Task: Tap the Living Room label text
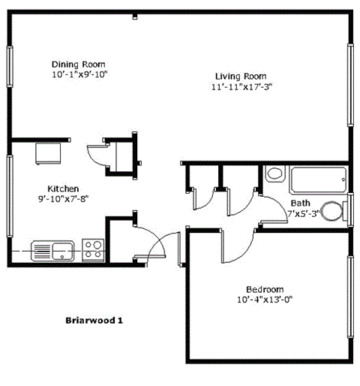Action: [x=241, y=76]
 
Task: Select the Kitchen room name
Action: [x=64, y=188]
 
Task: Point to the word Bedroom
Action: [x=265, y=290]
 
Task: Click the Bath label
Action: [x=300, y=203]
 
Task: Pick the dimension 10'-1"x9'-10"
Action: [x=80, y=74]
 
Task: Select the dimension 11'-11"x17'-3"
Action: [x=241, y=86]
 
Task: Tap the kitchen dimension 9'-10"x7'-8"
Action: [x=64, y=199]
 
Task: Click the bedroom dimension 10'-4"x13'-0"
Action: [x=265, y=300]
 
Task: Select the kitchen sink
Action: [x=52, y=249]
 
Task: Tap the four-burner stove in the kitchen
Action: [x=94, y=249]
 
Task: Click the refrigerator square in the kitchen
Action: [x=50, y=153]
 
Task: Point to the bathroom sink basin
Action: [x=274, y=174]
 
